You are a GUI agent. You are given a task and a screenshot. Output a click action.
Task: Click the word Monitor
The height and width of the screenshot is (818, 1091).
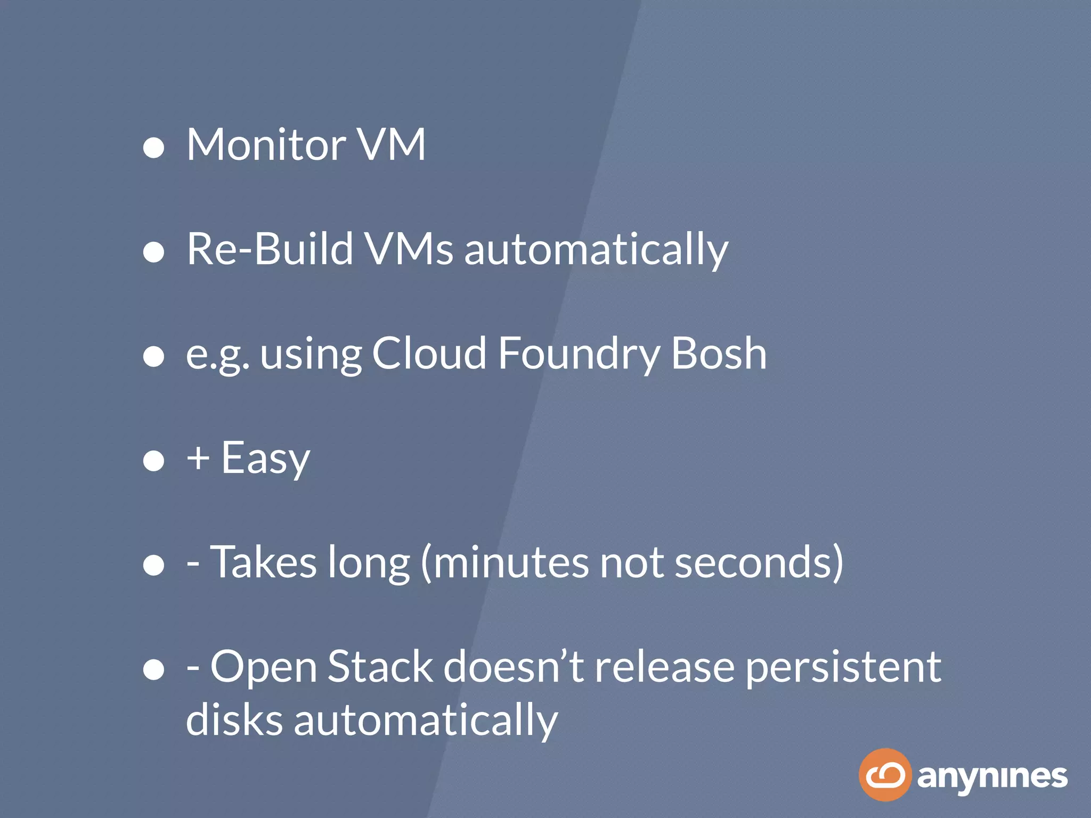[266, 144]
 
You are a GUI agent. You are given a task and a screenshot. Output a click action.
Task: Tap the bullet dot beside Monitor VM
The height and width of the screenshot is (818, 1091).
[154, 148]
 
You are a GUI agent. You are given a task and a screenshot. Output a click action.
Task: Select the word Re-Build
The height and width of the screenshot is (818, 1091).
[270, 249]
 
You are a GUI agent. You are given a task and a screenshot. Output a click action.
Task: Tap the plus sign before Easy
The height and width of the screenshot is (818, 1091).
[198, 458]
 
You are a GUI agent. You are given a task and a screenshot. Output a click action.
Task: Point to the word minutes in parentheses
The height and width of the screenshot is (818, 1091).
[511, 563]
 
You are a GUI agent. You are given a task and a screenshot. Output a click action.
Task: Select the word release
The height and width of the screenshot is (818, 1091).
[665, 667]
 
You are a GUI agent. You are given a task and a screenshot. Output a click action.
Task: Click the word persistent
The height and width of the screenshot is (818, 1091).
[843, 667]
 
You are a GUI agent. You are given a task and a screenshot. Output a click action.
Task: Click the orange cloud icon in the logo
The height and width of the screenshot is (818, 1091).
[885, 775]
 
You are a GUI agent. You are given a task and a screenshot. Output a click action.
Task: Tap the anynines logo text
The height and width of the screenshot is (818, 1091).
[992, 777]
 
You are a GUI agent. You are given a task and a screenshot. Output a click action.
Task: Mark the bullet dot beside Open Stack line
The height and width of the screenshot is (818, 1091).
[154, 669]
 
